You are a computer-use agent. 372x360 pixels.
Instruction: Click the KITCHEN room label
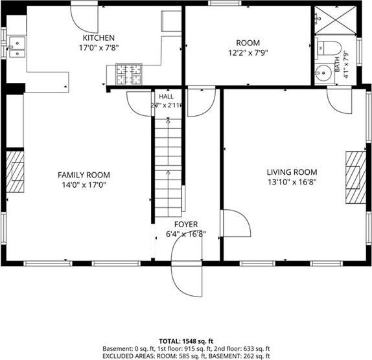[99, 38]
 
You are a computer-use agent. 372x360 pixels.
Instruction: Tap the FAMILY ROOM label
[84, 175]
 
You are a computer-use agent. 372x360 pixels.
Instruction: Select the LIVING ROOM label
[292, 172]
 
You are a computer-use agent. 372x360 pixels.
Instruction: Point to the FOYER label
[186, 224]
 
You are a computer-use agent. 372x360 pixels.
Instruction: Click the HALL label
[166, 96]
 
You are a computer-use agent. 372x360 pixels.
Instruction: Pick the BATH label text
[337, 65]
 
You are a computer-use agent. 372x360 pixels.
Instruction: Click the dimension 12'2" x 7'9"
[248, 52]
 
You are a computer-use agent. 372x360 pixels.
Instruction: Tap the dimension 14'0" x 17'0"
[84, 185]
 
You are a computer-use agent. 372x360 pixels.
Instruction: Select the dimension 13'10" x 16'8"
[292, 182]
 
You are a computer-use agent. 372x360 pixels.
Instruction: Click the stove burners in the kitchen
[129, 74]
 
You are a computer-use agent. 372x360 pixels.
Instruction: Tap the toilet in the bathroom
[329, 48]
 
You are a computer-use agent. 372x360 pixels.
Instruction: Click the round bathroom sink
[324, 73]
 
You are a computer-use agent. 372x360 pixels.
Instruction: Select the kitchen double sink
[17, 47]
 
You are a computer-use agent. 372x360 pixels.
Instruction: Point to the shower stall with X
[335, 20]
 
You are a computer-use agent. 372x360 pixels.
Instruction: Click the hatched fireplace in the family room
[15, 172]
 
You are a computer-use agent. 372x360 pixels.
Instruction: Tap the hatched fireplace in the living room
[356, 177]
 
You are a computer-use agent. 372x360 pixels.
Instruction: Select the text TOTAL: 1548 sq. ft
[186, 341]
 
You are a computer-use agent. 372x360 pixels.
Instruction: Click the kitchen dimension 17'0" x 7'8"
[99, 48]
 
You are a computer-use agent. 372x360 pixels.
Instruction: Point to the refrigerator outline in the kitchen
[171, 21]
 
